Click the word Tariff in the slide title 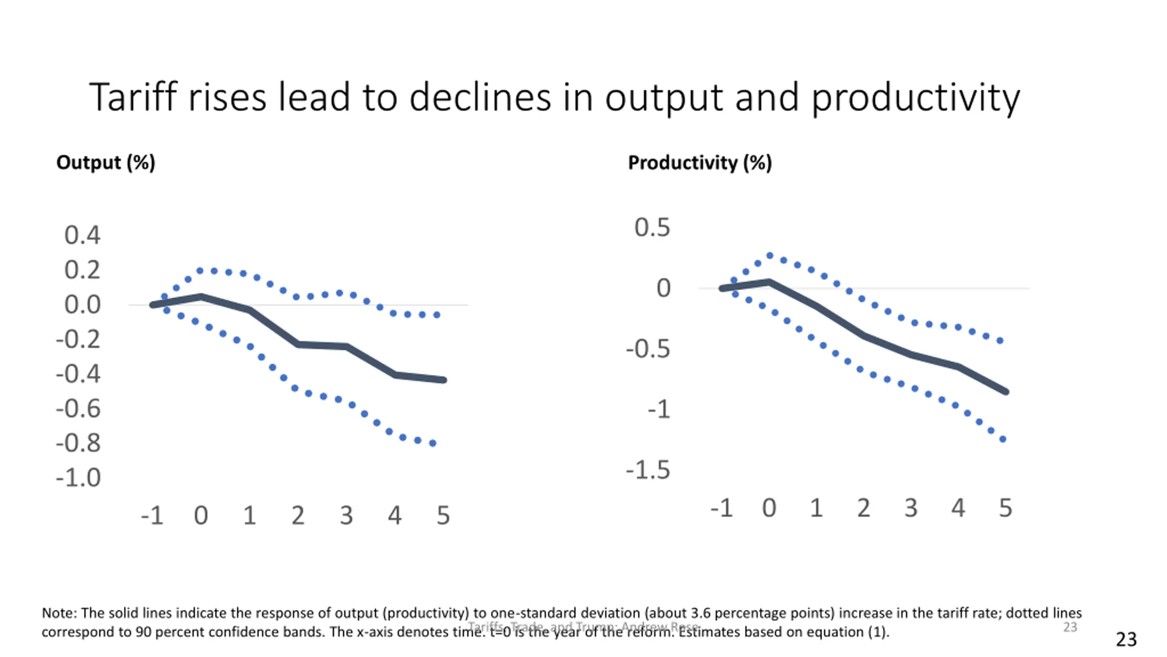point(132,97)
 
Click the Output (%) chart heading point(106,162)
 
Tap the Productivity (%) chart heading point(700,162)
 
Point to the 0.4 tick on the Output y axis point(82,235)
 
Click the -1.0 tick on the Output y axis point(78,478)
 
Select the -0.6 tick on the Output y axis point(78,408)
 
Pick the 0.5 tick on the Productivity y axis point(652,227)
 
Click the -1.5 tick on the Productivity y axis point(648,470)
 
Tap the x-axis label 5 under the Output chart point(443,516)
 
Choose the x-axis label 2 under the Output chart point(298,516)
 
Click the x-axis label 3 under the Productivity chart point(911,508)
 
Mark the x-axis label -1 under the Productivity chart point(722,508)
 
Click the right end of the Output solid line point(444,380)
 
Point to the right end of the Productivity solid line point(1006,391)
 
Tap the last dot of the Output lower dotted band point(433,443)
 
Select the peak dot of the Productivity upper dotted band point(770,255)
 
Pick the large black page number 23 point(1126,639)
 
